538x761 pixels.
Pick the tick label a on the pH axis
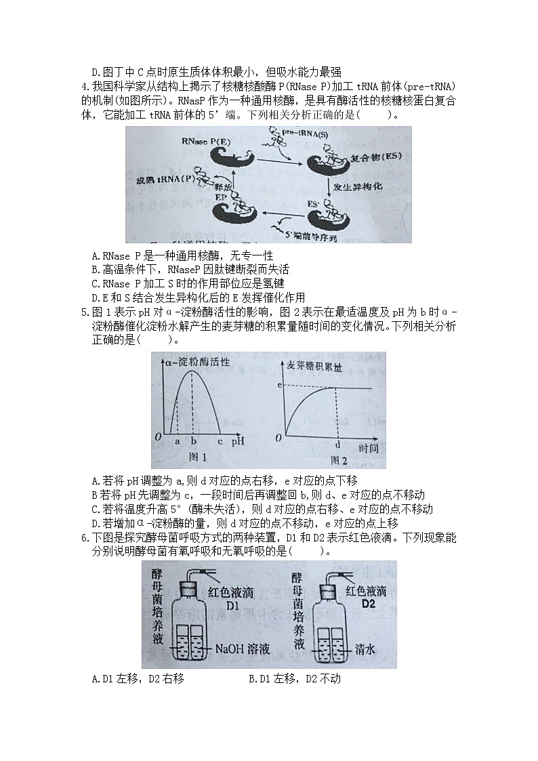click(x=178, y=441)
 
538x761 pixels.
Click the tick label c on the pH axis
click(x=220, y=441)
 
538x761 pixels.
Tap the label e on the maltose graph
click(x=279, y=385)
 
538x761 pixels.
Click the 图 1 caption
click(x=196, y=458)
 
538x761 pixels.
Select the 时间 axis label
click(x=369, y=449)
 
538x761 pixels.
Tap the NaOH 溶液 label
click(x=242, y=649)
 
